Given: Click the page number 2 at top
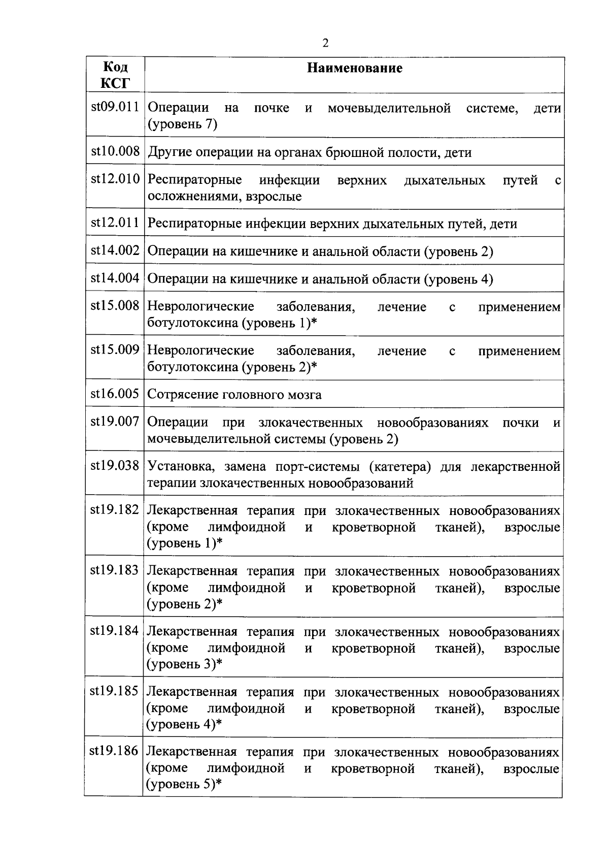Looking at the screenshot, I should click(325, 43).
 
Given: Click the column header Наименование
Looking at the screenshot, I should click(355, 68).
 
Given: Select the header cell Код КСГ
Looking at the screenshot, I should click(115, 75).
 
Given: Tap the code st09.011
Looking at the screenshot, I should click(115, 107).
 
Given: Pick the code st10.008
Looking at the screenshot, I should click(115, 151).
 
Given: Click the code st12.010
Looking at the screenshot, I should click(115, 179).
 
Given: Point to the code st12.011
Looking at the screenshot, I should click(115, 223).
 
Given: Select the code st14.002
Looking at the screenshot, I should click(115, 250).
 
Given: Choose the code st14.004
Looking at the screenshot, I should click(115, 278).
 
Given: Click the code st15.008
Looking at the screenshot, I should click(115, 306).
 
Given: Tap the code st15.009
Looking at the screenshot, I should click(115, 350).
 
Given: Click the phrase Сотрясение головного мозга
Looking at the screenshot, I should click(234, 395).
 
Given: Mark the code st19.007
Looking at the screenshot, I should click(115, 422).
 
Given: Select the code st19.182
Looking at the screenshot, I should click(115, 510).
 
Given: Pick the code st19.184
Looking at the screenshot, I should click(115, 631).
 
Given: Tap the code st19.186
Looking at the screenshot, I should click(114, 751).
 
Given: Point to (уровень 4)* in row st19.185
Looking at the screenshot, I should click(184, 724).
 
